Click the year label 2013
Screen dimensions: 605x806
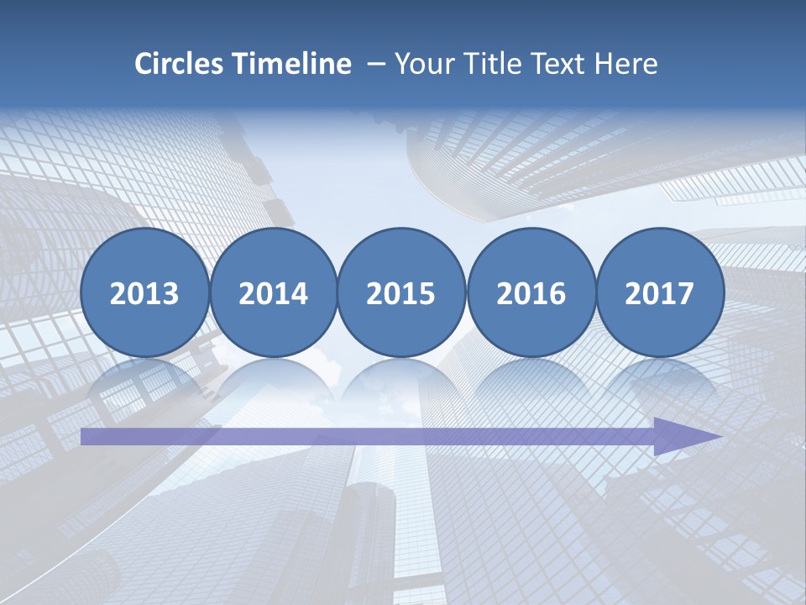click(x=144, y=293)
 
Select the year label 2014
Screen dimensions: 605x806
click(x=273, y=293)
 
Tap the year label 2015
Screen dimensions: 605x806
click(x=401, y=293)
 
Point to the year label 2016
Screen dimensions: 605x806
click(x=531, y=293)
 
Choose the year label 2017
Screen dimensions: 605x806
click(x=659, y=293)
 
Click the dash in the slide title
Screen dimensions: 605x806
click(x=376, y=65)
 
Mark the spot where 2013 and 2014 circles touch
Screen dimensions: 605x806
click(x=209, y=293)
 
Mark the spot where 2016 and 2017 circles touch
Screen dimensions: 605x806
click(x=595, y=293)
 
